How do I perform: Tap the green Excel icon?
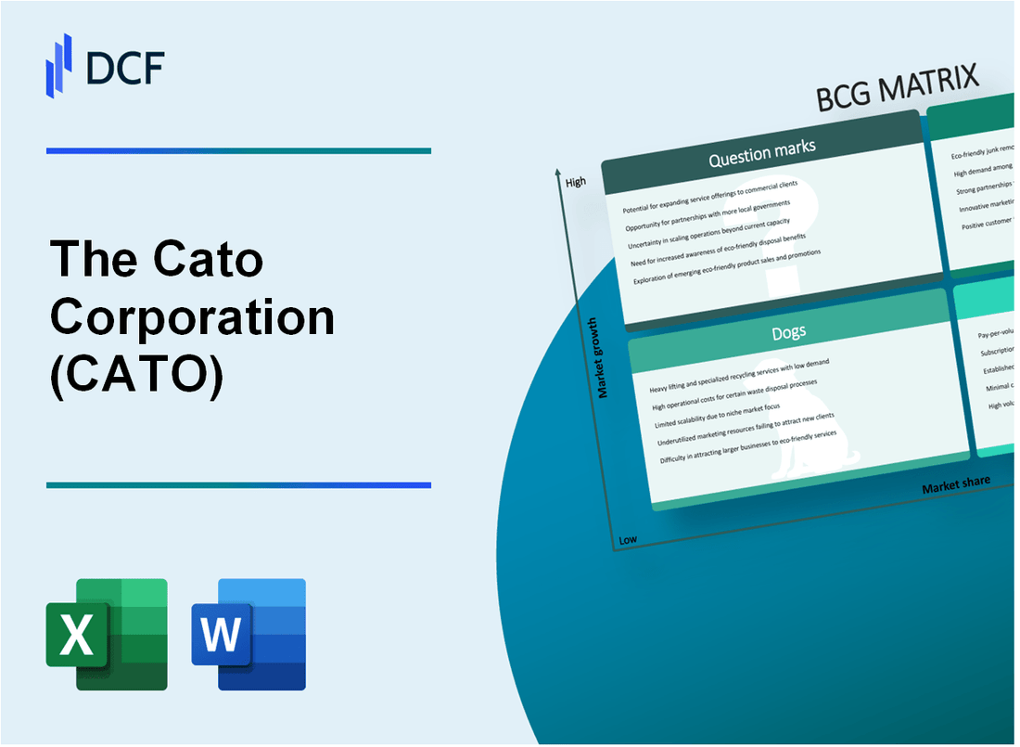[107, 634]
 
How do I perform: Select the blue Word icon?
[249, 634]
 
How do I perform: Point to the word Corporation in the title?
[192, 318]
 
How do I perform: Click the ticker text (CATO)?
[136, 376]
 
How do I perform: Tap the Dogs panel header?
[788, 331]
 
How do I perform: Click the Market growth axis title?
[603, 358]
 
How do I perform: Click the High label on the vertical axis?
[576, 182]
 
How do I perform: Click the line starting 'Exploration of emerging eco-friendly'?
[728, 268]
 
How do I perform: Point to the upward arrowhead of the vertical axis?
[558, 172]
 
